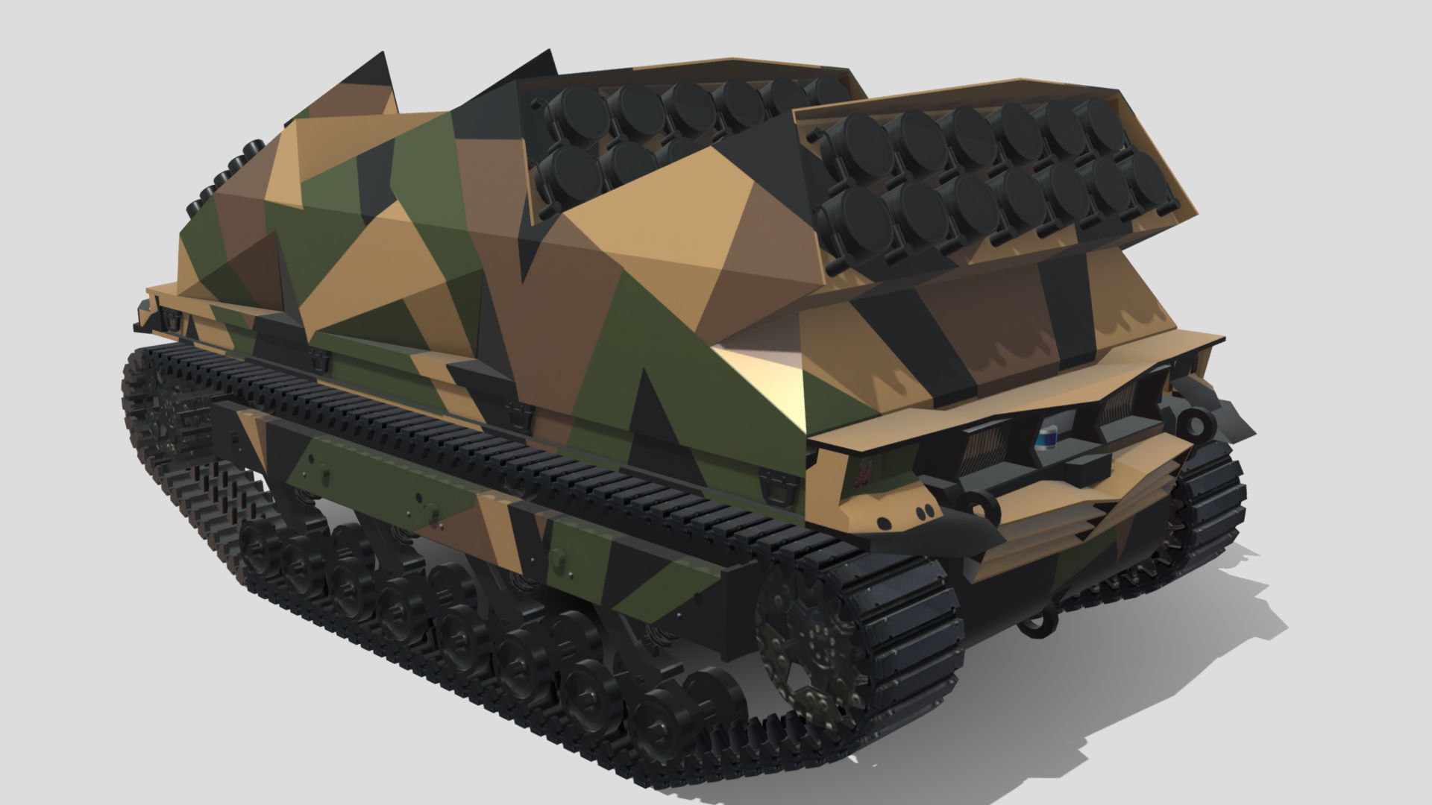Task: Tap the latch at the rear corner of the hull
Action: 172,320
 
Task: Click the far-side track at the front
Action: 1208,507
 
